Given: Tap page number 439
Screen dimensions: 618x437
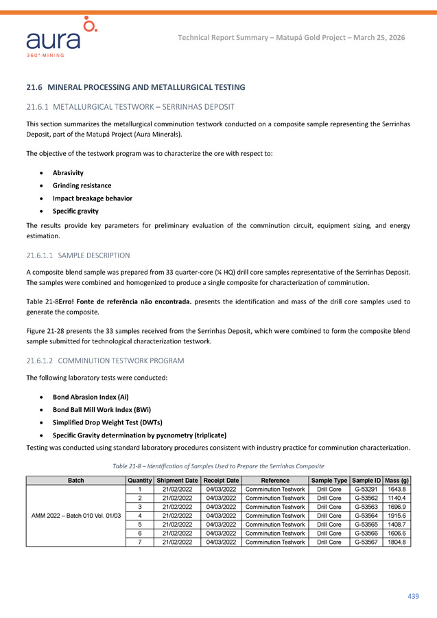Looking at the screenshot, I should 413,596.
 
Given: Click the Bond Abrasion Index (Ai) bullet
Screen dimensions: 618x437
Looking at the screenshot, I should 91,397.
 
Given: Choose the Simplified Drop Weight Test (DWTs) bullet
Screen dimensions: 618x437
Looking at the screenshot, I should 107,422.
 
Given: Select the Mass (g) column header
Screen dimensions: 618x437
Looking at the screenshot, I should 397,480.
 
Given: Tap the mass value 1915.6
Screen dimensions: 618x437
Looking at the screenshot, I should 397,516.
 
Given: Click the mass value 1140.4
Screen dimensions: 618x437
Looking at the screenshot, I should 397,498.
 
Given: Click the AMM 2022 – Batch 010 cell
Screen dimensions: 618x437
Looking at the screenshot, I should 76,516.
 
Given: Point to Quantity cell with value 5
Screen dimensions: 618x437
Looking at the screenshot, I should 140,525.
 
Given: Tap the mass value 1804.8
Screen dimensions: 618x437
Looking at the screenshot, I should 397,542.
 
